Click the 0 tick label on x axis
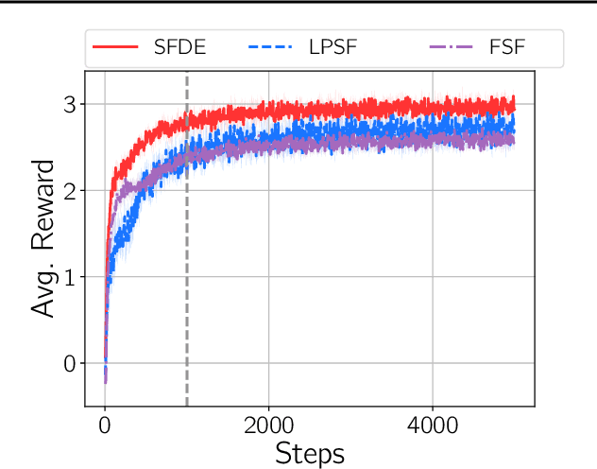tap(104, 423)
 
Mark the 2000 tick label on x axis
tap(268, 423)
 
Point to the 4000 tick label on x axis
tap(433, 423)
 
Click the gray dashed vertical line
tap(186, 284)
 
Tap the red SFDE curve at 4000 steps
tap(433, 106)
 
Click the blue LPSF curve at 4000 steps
tap(433, 127)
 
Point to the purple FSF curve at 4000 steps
tap(433, 140)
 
